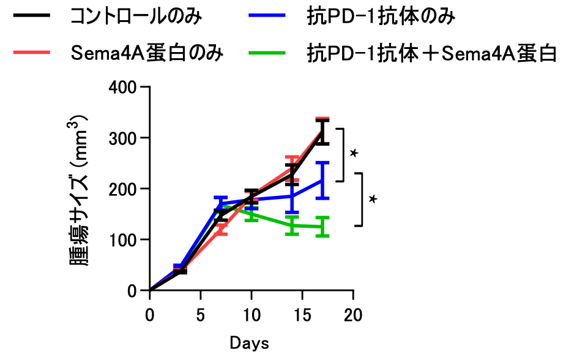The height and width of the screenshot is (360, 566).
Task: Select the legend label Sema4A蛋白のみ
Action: (146, 54)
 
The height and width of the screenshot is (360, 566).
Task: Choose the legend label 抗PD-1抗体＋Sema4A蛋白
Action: (432, 54)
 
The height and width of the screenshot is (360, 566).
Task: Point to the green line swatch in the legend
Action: (267, 54)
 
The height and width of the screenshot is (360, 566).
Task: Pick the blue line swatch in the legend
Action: (267, 17)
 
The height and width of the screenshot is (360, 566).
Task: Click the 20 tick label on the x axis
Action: (353, 315)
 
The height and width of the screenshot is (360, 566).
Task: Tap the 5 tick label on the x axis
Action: (200, 315)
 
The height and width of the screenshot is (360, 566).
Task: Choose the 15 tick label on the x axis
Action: (302, 315)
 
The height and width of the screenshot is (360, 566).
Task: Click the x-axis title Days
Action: (249, 343)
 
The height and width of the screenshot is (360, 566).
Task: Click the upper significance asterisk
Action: (354, 153)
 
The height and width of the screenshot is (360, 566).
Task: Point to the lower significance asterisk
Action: (373, 199)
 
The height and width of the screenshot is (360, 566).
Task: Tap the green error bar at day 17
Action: (322, 227)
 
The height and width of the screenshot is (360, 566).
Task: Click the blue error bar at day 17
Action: (322, 180)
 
